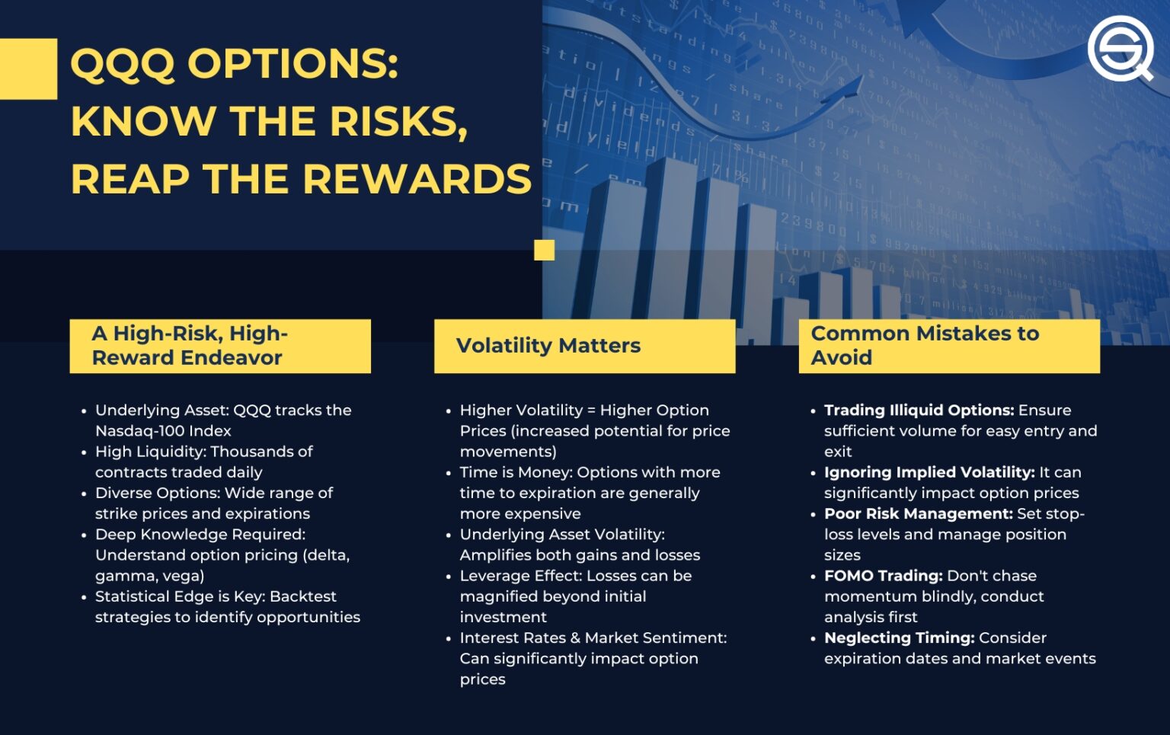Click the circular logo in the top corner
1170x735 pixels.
click(1120, 48)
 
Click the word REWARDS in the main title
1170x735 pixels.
click(417, 180)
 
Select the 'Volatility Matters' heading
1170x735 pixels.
click(548, 346)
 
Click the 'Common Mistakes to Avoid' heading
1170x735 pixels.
click(925, 346)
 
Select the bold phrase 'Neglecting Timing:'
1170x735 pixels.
click(899, 638)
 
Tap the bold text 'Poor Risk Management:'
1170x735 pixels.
click(919, 514)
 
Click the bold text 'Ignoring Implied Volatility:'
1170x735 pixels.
click(929, 473)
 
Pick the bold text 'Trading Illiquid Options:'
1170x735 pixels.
click(919, 411)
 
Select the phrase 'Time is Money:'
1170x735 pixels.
click(516, 473)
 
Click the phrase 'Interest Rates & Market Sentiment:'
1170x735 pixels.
click(593, 638)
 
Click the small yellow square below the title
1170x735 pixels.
click(544, 250)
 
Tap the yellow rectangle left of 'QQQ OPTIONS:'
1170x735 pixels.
click(28, 69)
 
